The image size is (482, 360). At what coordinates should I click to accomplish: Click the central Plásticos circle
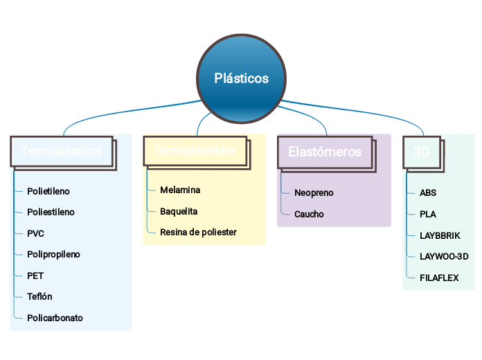click(x=241, y=78)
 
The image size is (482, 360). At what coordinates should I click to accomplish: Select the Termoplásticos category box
click(x=62, y=151)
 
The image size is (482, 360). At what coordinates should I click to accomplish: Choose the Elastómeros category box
click(x=325, y=151)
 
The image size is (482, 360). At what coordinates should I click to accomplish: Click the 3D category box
click(x=422, y=151)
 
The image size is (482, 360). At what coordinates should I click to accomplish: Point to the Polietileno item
click(x=48, y=191)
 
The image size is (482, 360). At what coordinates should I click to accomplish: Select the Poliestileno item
click(x=51, y=213)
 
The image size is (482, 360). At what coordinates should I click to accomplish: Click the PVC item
click(x=35, y=234)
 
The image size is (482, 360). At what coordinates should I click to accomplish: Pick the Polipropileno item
click(x=53, y=255)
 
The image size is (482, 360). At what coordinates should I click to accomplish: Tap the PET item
click(x=35, y=276)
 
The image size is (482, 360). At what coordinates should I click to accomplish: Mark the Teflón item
click(x=39, y=297)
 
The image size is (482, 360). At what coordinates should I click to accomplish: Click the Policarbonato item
click(x=55, y=318)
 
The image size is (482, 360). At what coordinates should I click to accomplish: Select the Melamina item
click(x=180, y=190)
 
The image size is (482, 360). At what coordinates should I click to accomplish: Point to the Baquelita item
click(x=179, y=211)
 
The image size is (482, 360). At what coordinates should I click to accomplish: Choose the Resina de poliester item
click(x=198, y=232)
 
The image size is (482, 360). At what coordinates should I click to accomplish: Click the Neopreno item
click(x=314, y=193)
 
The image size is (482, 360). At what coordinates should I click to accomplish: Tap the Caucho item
click(x=309, y=215)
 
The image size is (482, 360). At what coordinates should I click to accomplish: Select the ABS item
click(x=428, y=193)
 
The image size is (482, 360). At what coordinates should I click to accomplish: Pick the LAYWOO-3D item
click(x=444, y=257)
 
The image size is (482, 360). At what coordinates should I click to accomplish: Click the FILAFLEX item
click(x=439, y=278)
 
